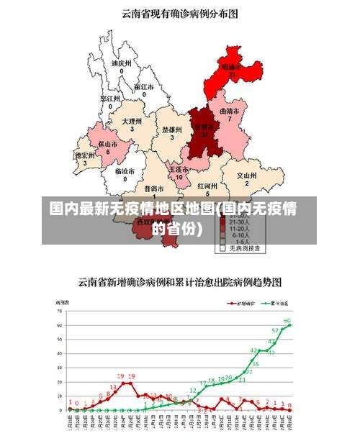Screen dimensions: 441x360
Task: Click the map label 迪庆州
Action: pos(121,63)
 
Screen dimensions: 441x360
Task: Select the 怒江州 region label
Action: pos(110,98)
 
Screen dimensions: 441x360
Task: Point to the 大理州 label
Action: pos(132,122)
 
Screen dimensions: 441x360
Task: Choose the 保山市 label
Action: pos(108,145)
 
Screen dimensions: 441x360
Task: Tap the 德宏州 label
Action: pos(85,155)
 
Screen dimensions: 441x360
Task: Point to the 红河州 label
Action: pos(208,186)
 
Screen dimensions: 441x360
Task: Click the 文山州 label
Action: pos(247,175)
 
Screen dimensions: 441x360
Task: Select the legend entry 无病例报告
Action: pos(245,248)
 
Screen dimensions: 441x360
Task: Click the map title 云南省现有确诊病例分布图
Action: pos(180,12)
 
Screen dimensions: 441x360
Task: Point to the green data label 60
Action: pos(287,320)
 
